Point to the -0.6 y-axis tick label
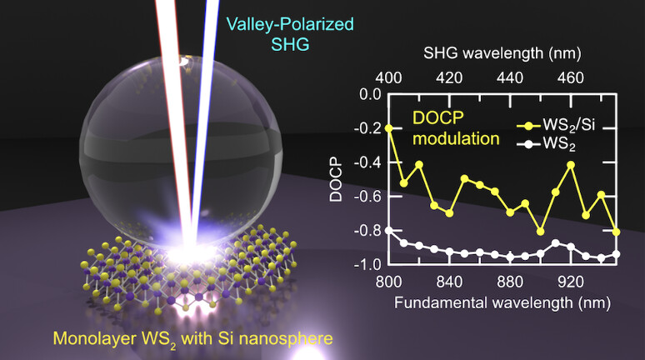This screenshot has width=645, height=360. point(363,196)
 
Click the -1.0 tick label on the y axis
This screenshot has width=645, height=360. point(363,264)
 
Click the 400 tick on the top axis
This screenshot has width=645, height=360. point(389,77)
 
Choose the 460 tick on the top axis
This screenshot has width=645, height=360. point(571,77)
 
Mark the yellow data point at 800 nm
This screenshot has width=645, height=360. point(389,127)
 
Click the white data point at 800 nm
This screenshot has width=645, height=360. point(389,230)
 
